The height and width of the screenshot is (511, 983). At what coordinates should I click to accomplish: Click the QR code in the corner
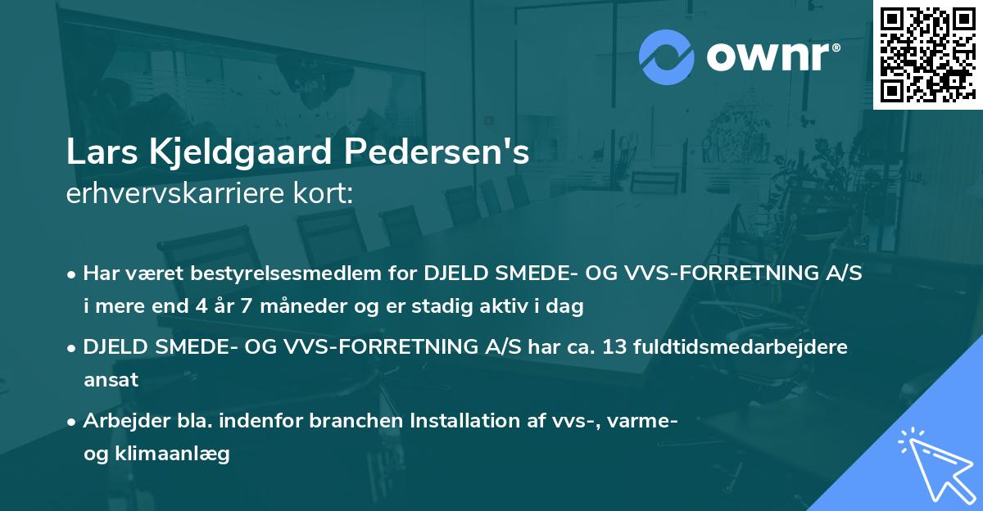click(926, 54)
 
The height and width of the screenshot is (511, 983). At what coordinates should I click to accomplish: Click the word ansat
click(111, 379)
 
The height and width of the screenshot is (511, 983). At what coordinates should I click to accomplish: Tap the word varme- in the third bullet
click(645, 422)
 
